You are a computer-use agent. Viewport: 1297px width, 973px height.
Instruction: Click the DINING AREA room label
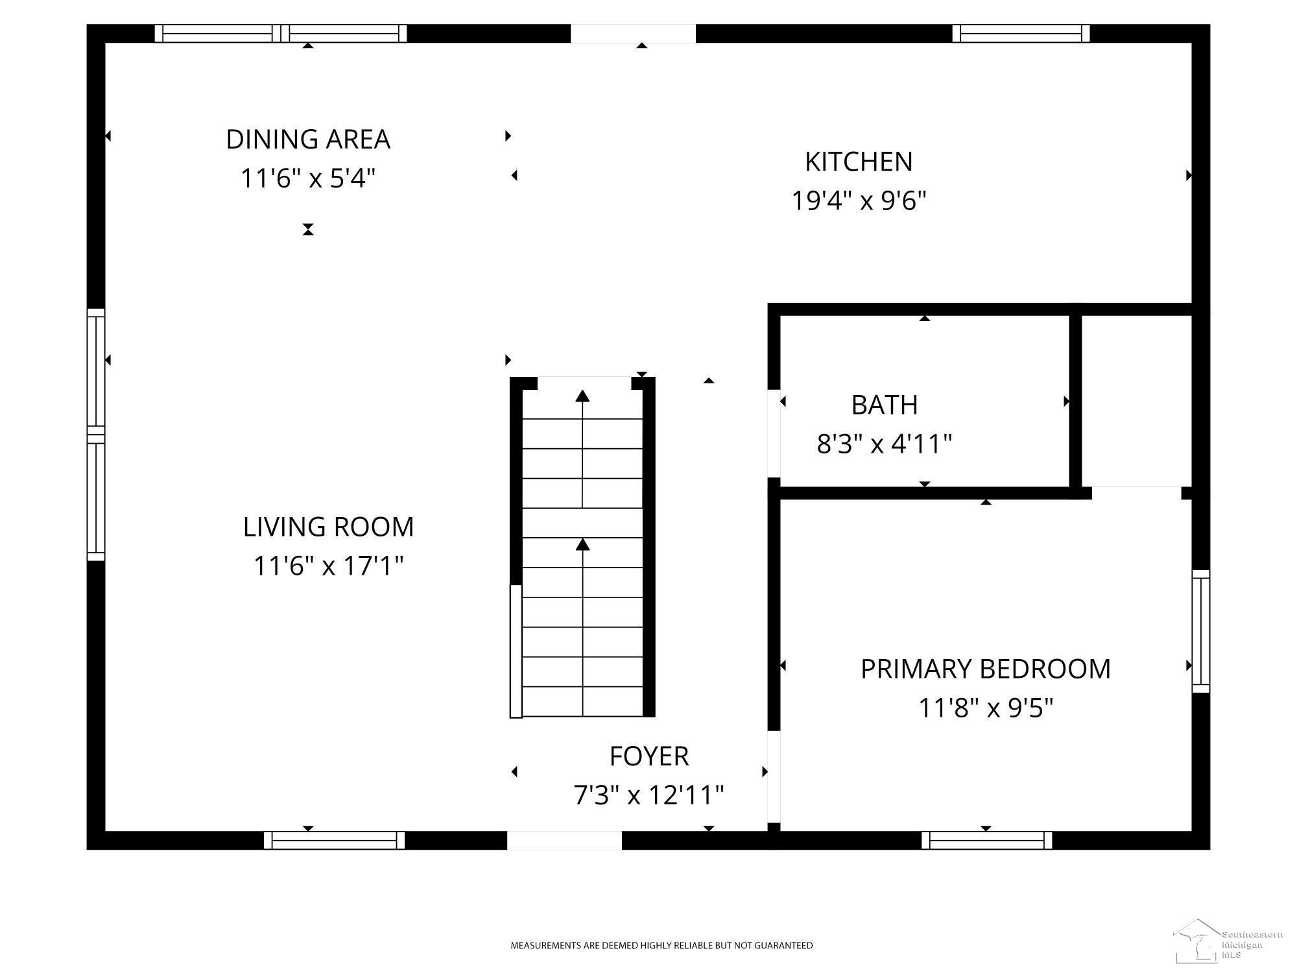pos(308,139)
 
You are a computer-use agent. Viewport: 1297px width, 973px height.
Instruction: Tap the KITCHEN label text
pos(859,162)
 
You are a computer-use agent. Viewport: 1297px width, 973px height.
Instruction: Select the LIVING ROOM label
pos(328,527)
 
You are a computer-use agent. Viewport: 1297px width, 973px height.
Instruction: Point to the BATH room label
pos(885,405)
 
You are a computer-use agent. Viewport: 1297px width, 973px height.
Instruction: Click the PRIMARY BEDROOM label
pos(986,669)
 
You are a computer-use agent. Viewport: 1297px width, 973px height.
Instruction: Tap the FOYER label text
pos(648,756)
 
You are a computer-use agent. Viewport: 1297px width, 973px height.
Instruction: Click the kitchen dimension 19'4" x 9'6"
pos(859,201)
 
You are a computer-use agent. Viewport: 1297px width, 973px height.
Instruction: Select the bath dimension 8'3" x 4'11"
pos(885,444)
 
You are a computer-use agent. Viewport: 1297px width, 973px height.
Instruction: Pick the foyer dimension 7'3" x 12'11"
pos(648,795)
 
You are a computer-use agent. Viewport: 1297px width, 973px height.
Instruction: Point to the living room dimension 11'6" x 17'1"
pos(328,566)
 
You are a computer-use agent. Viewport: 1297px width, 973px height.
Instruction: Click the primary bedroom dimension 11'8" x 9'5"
pos(986,708)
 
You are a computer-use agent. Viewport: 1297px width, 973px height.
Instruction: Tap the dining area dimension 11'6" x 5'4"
pos(308,178)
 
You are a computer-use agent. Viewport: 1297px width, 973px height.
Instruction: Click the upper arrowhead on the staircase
pos(582,396)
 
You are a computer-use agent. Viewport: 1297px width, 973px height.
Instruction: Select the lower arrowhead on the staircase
pos(582,544)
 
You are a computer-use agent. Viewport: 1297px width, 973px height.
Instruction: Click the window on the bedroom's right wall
pos(1201,631)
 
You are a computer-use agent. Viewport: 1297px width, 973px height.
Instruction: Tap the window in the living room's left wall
pos(96,435)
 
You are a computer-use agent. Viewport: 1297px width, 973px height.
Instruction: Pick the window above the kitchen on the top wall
pos(1021,33)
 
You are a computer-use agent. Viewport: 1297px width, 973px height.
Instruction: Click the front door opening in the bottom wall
pos(564,840)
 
